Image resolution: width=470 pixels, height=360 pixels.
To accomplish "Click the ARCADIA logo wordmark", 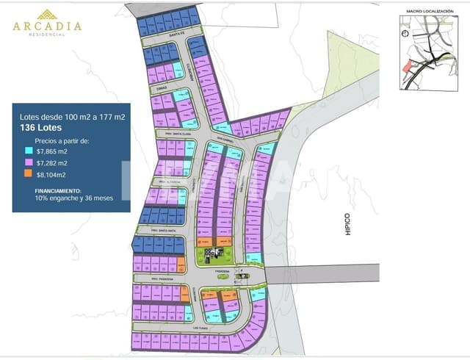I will coord(47,26).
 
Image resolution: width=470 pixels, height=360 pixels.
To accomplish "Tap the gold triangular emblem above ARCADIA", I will coord(47,12).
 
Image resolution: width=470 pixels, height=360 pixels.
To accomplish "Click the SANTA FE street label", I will coord(174,34).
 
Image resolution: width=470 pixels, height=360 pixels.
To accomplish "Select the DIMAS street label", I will coord(162,87).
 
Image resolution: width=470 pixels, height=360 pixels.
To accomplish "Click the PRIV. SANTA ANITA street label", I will coord(169,231).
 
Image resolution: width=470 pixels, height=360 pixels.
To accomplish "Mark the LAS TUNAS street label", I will coord(200,329).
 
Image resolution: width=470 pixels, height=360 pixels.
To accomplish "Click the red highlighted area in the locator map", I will coord(410,67).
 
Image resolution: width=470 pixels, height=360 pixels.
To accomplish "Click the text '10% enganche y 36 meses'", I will coord(73,198).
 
